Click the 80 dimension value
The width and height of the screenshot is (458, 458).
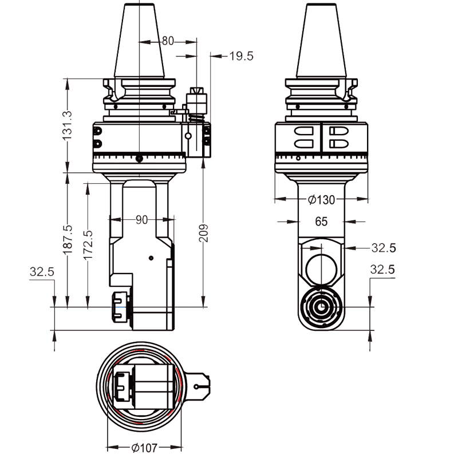(167, 41)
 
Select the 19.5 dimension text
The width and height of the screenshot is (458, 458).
(240, 56)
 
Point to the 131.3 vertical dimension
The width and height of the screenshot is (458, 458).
(68, 125)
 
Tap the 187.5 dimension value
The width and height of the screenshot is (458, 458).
(68, 239)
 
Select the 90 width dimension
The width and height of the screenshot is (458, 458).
(141, 220)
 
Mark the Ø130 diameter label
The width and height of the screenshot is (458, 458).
(321, 200)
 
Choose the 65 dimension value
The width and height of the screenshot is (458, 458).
(321, 222)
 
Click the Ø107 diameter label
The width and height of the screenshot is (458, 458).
(144, 448)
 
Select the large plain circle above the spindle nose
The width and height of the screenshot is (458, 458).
(321, 267)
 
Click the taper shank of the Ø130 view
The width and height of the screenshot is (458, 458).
(321, 40)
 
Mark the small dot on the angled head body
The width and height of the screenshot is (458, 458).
(151, 258)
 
